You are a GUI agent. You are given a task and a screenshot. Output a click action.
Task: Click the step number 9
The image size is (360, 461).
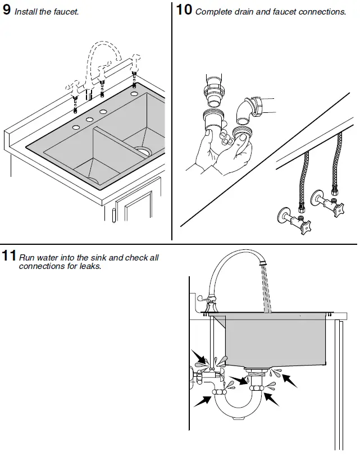tap(6, 10)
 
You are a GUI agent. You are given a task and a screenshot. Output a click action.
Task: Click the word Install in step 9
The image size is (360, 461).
tap(26, 12)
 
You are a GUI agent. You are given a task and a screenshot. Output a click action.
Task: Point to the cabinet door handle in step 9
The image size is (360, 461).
tap(115, 214)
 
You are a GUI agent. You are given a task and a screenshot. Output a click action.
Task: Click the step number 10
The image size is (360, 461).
tap(184, 10)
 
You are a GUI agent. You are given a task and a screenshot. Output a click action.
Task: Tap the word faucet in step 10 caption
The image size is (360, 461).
tap(288, 12)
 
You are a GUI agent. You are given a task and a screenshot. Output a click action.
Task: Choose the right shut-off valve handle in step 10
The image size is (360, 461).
tap(338, 209)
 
